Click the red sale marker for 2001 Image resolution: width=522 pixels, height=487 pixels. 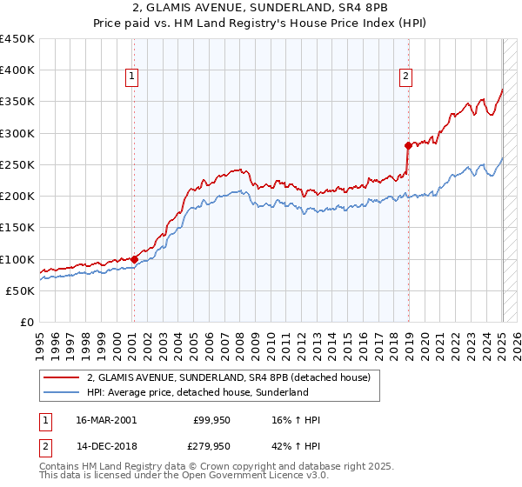point(134,258)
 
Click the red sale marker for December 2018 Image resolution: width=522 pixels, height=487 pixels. point(408,145)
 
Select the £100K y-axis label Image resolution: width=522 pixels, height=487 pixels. point(17,259)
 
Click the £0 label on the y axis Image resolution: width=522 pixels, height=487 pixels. point(27,322)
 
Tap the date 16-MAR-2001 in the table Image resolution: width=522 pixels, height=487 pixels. point(106,421)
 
